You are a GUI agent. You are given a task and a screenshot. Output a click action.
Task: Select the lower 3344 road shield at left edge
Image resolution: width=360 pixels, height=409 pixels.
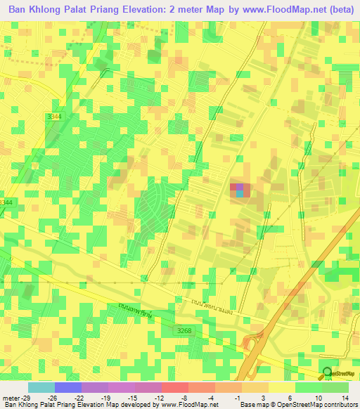6,202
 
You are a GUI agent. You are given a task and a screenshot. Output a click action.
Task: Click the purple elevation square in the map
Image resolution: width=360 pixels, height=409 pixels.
236,187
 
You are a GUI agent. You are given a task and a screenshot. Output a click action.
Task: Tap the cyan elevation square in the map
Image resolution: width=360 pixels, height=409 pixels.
240,194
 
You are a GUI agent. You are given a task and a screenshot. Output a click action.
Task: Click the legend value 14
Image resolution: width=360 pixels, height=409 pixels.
344,398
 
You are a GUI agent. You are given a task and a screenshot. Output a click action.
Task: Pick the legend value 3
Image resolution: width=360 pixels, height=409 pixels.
262,398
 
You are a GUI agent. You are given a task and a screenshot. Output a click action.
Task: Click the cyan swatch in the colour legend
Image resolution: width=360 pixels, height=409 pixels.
41,387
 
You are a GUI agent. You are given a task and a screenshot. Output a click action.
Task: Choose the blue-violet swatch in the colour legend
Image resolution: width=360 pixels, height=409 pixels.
67,387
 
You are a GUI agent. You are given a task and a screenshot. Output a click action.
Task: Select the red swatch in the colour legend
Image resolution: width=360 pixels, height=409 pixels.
174,387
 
